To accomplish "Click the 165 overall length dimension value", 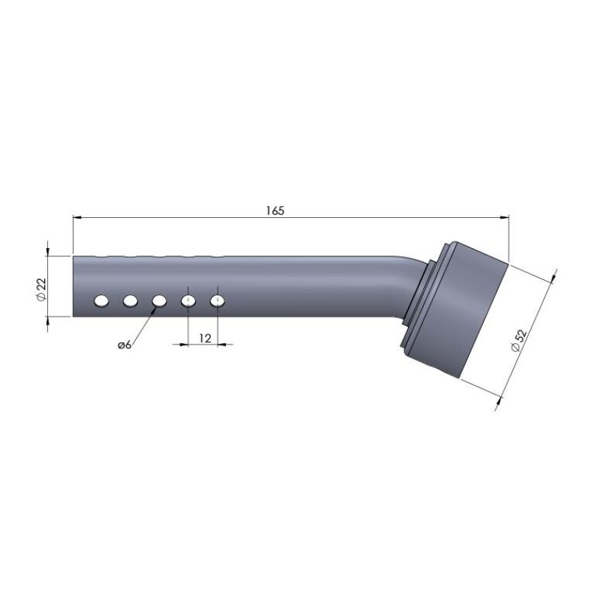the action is click(275, 211).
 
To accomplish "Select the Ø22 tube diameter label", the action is click(41, 289).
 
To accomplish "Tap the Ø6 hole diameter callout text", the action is click(124, 345).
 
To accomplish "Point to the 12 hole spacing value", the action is click(205, 339).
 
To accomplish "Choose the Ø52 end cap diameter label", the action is click(520, 340).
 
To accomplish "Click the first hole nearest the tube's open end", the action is click(102, 301).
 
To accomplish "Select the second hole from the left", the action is click(130, 301).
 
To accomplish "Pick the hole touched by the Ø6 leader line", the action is click(159, 301).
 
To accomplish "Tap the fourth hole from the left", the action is click(188, 301).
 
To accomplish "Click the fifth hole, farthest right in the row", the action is click(217, 301).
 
